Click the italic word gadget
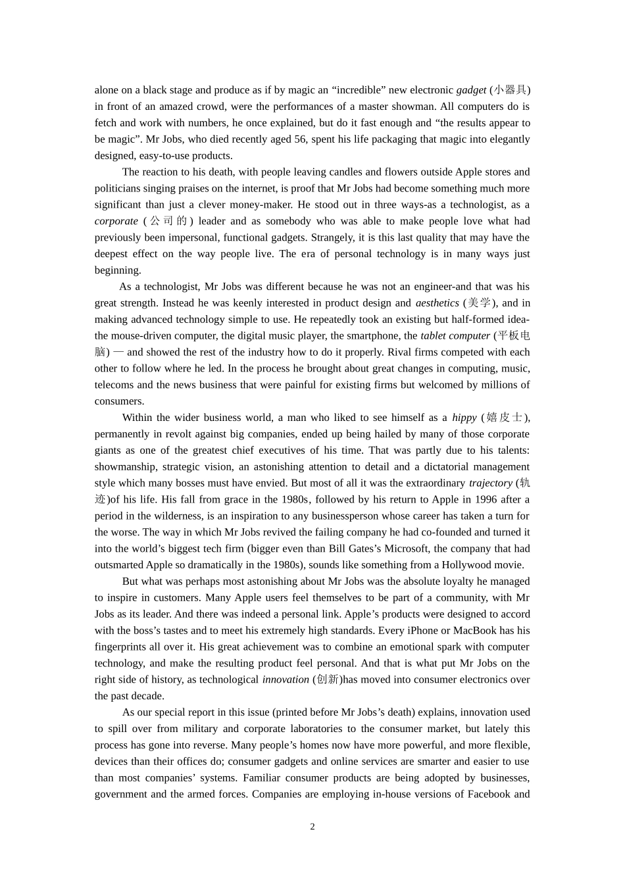pos(471,90)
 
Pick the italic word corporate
pos(116,222)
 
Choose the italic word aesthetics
pos(438,303)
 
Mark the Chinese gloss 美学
pos(480,303)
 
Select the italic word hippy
pos(464,418)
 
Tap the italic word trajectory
pos(491,483)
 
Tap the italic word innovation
pos(286,679)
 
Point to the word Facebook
pos(489,795)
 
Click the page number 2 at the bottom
pos(312,827)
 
